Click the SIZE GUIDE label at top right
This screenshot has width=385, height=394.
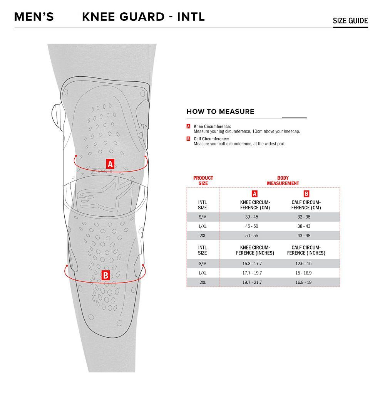pos(350,20)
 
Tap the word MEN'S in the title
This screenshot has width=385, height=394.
pos(34,17)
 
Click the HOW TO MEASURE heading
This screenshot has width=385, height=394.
pos(220,111)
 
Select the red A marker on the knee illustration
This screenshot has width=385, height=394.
pos(110,164)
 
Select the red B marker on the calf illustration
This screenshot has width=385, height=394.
pos(105,275)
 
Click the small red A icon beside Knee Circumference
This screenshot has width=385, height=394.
pos(188,126)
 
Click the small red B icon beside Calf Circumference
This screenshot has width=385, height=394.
pos(188,139)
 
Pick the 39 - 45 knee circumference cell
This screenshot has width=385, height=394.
pos(251,217)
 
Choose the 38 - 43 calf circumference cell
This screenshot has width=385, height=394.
pos(304,226)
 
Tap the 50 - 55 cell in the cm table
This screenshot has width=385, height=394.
pos(251,236)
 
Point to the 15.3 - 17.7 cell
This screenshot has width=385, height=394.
pos(252,264)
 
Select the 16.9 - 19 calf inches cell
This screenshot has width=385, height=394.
pos(303,283)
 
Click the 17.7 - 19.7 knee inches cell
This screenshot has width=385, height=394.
pos(252,273)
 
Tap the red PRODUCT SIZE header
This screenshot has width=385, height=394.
pos(203,181)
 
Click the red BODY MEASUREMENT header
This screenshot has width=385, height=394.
pos(283,181)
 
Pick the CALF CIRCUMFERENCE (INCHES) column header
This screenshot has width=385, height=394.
pos(306,250)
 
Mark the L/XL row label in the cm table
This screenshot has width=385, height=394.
pos(203,226)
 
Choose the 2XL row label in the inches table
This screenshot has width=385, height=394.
pos(203,283)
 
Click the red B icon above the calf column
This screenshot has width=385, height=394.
pos(306,194)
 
